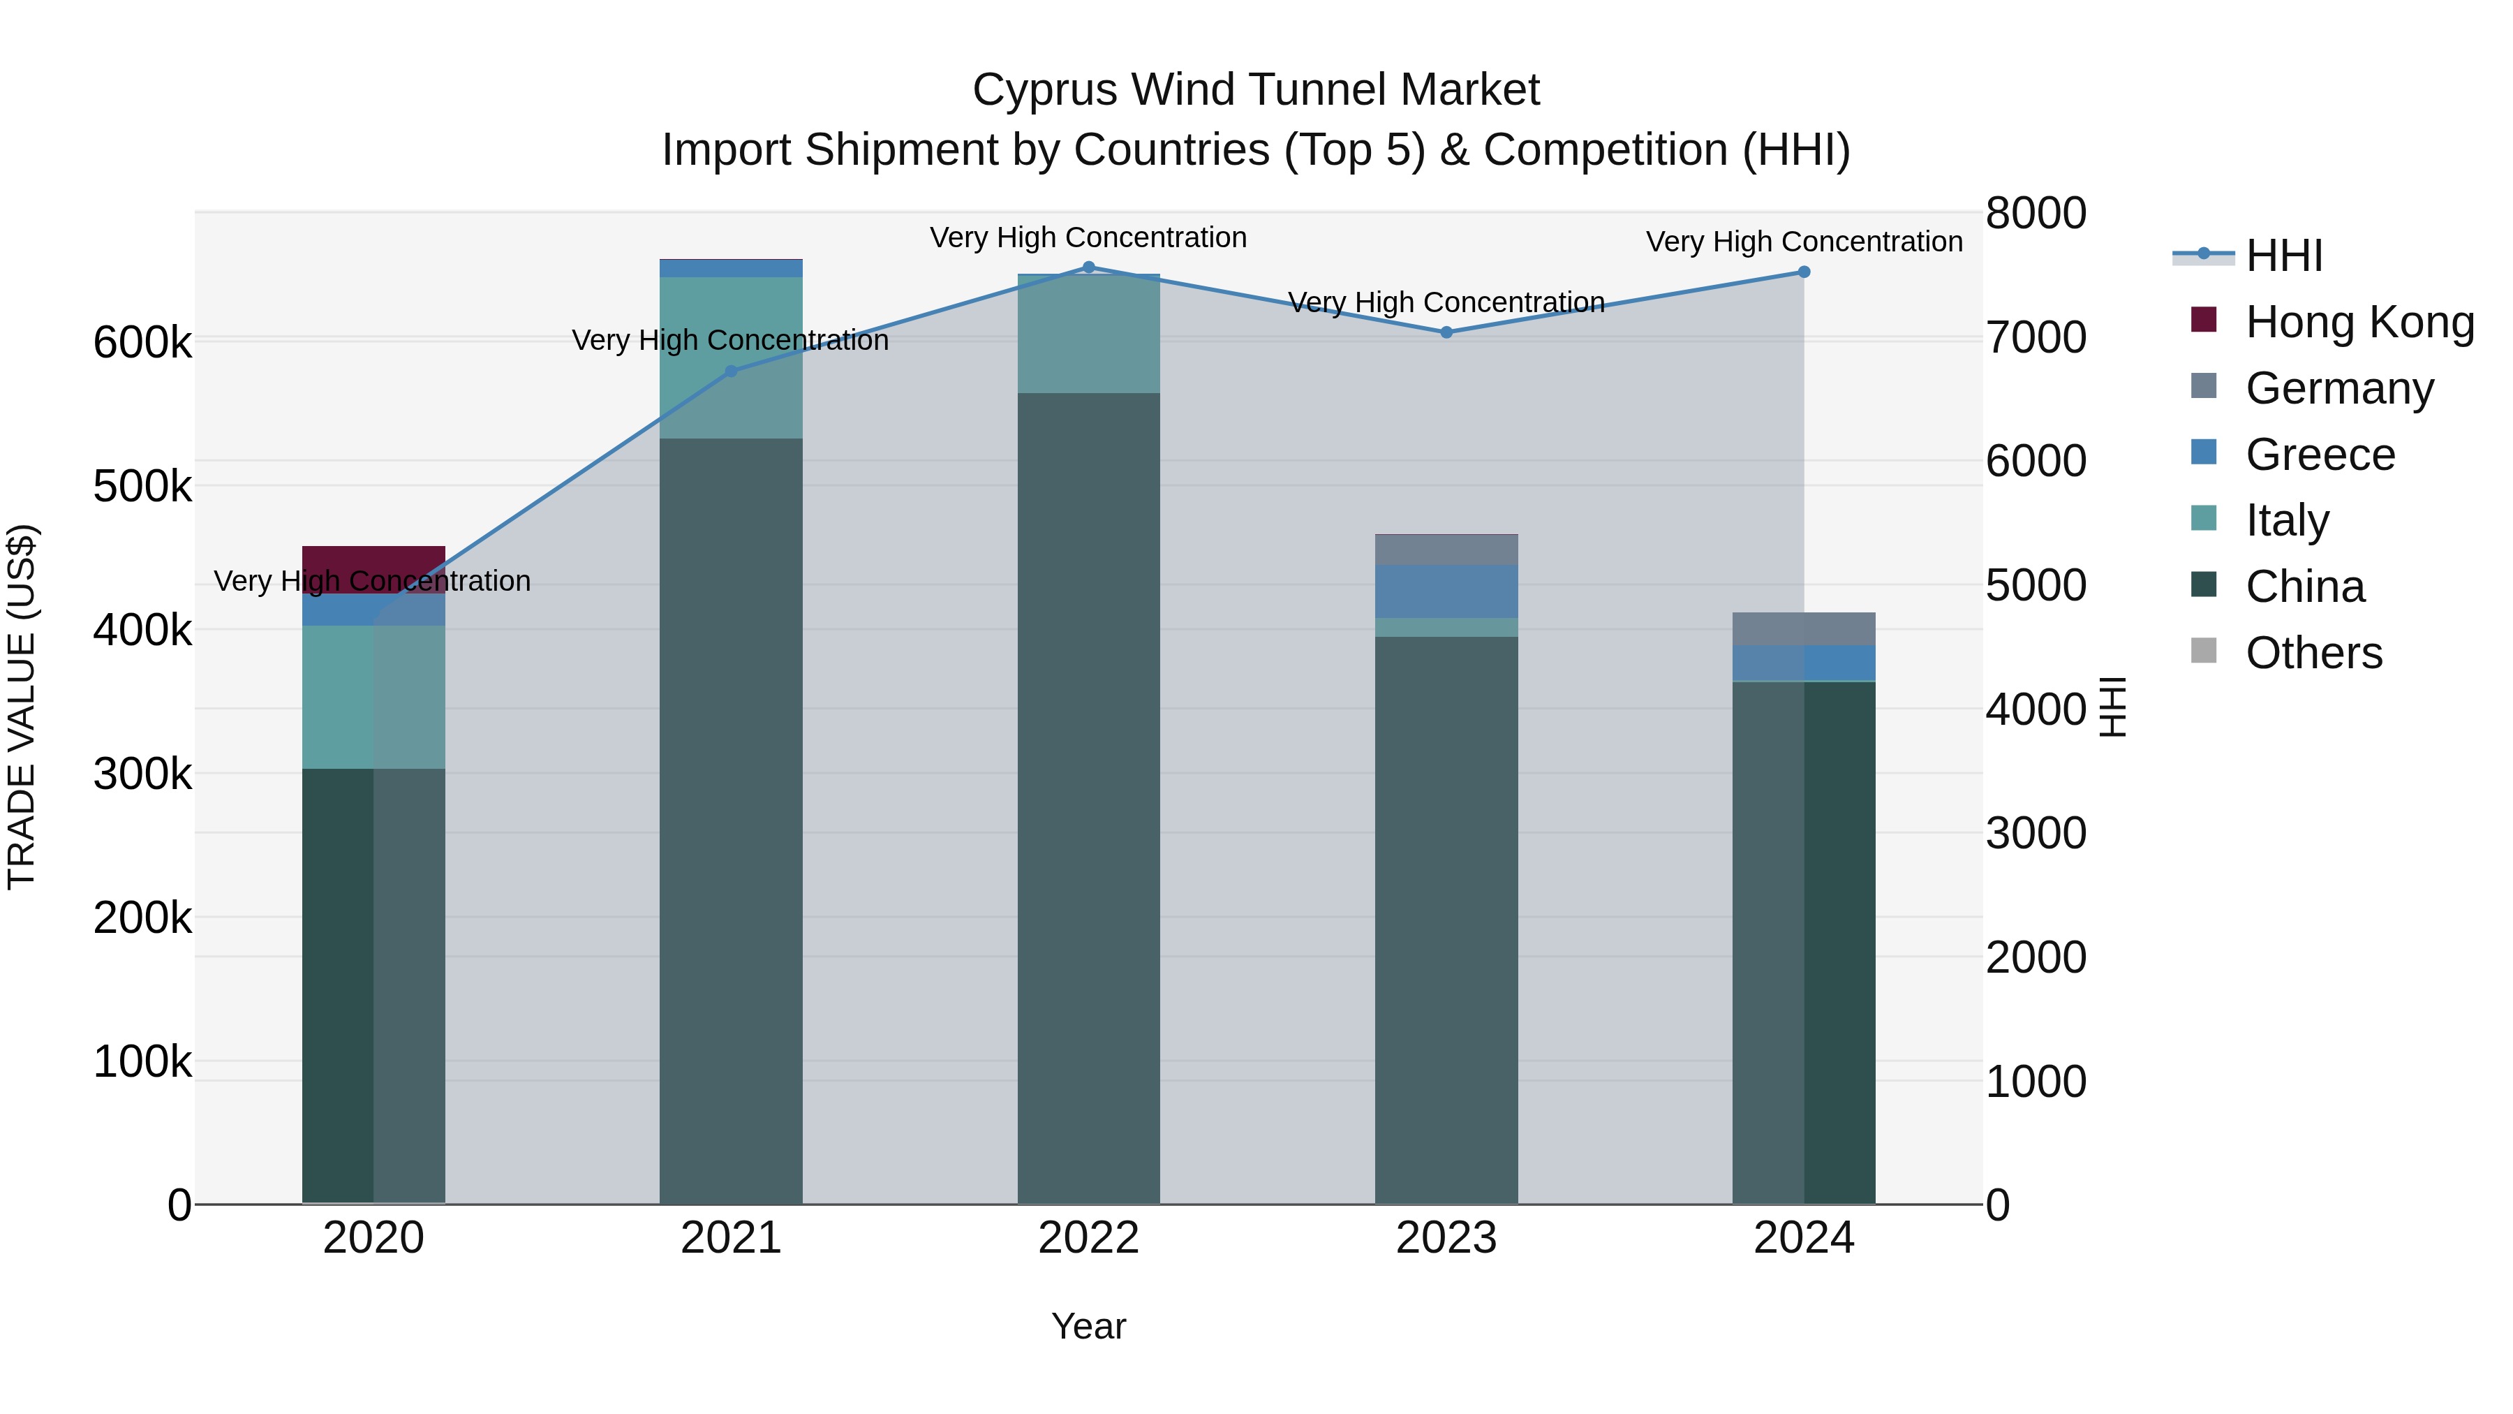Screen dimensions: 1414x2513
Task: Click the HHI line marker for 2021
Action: (732, 371)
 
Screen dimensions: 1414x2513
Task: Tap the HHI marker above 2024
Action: (1804, 272)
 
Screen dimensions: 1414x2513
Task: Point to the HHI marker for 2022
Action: (1089, 267)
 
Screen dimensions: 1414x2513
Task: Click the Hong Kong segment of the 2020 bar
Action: (373, 569)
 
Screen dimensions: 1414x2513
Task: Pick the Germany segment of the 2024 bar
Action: (1804, 628)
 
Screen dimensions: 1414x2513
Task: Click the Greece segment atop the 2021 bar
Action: (732, 268)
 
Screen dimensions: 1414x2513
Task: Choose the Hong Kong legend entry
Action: (2359, 322)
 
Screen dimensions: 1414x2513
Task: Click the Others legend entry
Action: (2313, 653)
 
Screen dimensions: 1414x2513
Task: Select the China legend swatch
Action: (2204, 586)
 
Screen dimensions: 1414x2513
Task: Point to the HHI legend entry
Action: (2283, 256)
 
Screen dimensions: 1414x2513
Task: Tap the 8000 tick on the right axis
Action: (2036, 213)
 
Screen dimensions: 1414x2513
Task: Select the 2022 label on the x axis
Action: (1089, 1238)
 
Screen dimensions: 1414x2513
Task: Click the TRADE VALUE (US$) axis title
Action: (22, 707)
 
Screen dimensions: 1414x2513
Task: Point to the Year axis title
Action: (1089, 1326)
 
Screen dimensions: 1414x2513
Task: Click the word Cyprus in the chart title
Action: (1044, 90)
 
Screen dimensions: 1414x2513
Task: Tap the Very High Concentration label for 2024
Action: (1804, 241)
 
